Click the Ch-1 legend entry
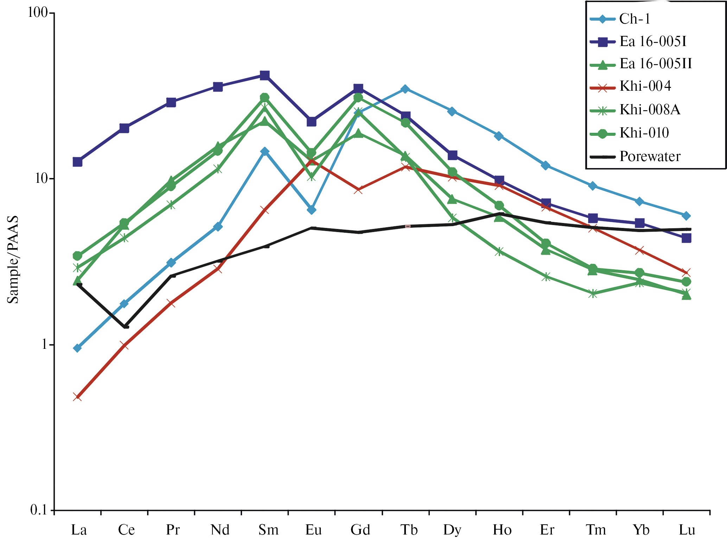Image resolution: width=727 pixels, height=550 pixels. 634,19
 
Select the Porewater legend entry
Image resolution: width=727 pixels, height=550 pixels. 650,156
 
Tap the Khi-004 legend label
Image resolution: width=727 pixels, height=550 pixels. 645,86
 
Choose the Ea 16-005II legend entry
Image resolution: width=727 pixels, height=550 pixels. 655,64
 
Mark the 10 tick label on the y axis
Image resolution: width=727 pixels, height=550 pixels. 42,178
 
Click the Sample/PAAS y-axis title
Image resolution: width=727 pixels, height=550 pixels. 13,260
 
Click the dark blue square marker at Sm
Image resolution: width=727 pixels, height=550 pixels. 265,75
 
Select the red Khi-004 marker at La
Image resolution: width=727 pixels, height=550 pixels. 77,397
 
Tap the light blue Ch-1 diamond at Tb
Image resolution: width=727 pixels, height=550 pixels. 405,89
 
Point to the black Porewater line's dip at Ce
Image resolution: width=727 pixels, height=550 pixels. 126,327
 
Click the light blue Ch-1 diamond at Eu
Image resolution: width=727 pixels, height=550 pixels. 311,210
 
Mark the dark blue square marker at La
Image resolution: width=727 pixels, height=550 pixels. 77,162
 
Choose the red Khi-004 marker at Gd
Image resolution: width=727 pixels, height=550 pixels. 358,190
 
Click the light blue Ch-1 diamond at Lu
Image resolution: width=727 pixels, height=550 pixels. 686,216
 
